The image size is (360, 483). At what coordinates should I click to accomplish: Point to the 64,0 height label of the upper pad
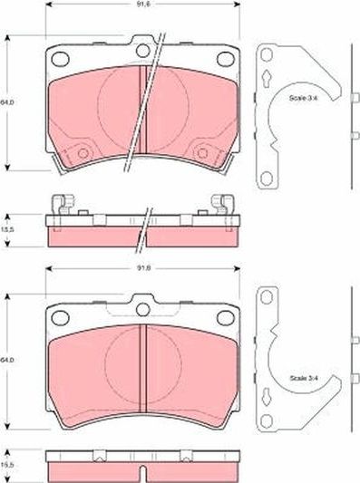tap(8, 101)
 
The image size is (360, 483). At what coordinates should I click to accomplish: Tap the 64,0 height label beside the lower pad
tap(8, 361)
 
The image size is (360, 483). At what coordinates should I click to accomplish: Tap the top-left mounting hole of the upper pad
tap(62, 59)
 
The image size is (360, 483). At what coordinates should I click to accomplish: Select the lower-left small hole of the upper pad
tap(83, 153)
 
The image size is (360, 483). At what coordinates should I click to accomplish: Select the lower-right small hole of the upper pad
tap(200, 153)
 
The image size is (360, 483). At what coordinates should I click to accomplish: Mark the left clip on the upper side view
tap(61, 204)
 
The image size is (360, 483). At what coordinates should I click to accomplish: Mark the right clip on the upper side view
tap(219, 204)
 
